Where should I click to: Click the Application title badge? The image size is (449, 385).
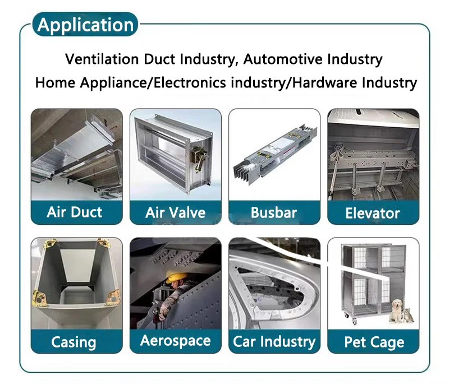pos(85,24)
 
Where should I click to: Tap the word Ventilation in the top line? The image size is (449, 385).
pos(102,59)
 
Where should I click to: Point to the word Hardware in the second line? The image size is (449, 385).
pos(324,82)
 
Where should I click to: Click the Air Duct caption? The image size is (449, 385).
pos(75,212)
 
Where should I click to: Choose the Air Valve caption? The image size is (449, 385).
pos(175,212)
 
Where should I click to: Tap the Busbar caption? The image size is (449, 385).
pos(274,212)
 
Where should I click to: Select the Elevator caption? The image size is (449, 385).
pos(373,213)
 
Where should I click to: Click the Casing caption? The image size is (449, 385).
pos(74,342)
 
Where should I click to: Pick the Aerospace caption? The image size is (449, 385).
pos(175,341)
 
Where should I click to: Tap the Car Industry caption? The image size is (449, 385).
pos(274,341)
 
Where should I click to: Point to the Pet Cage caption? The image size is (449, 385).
pos(374,342)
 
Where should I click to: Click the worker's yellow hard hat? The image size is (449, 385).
pos(177,277)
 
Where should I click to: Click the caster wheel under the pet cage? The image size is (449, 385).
pos(355,322)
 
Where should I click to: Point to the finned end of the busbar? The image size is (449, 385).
pos(244,169)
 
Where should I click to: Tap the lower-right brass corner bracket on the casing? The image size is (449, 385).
pos(113,298)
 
